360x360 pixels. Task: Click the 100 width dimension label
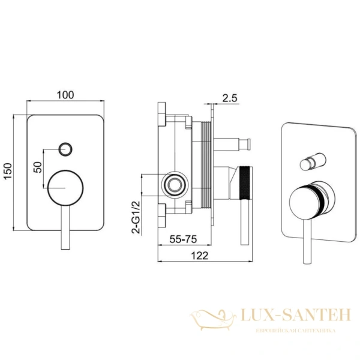pos(65,95)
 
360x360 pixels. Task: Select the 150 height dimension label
pos(8,172)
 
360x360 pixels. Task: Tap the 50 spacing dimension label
pos(38,167)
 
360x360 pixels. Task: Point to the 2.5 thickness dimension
pos(230,98)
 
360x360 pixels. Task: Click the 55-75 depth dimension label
pos(183,239)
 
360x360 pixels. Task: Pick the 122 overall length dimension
pos(200,256)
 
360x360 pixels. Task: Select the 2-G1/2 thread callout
pos(136,217)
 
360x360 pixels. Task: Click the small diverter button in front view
pos(65,149)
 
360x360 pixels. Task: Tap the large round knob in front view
pos(65,188)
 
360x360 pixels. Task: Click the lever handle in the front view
pos(65,227)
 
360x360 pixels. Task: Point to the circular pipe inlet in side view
pos(175,185)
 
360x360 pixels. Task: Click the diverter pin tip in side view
pos(247,144)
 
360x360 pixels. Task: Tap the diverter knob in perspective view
pos(313,161)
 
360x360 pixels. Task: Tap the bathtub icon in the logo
pos(213,320)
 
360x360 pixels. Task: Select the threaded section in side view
pos(206,165)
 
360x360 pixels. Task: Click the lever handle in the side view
pos(245,222)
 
